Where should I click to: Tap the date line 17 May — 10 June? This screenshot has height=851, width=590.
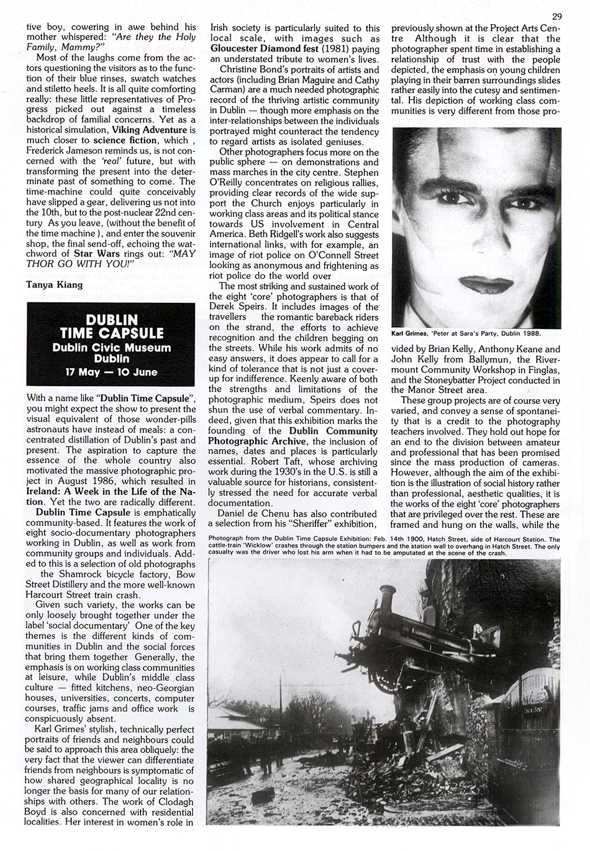click(x=112, y=372)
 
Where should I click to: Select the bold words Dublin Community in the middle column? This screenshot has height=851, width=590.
click(x=331, y=430)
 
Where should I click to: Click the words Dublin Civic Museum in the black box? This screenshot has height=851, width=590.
click(x=112, y=348)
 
